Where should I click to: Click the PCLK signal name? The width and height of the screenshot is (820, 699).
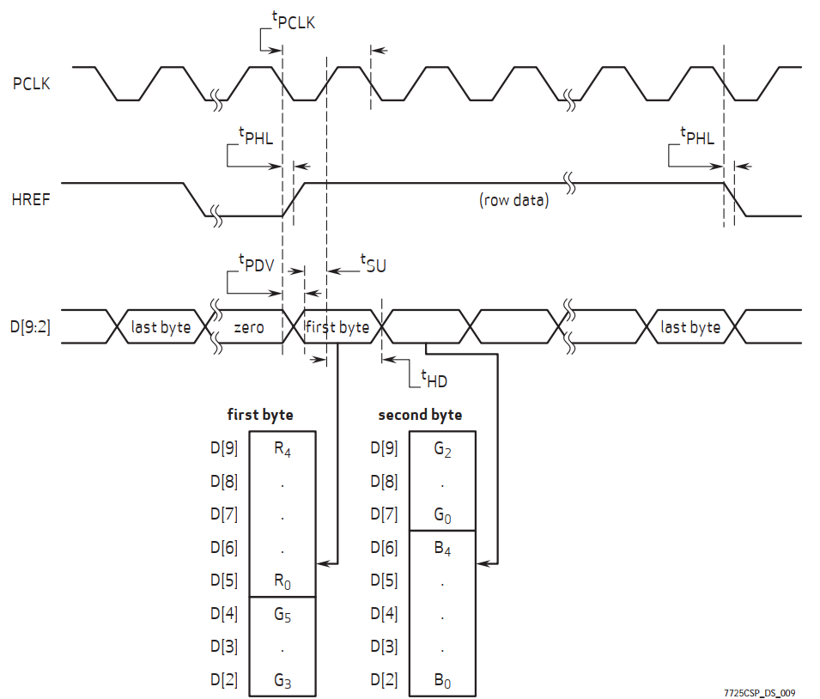pyautogui.click(x=31, y=83)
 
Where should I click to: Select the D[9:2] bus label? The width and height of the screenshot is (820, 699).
pyautogui.click(x=31, y=327)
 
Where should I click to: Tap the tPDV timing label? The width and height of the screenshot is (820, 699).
pyautogui.click(x=255, y=264)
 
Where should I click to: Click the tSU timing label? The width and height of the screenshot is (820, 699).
pyautogui.click(x=372, y=264)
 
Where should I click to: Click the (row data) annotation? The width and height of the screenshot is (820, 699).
pyautogui.click(x=513, y=201)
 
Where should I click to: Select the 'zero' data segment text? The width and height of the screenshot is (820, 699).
pyautogui.click(x=249, y=327)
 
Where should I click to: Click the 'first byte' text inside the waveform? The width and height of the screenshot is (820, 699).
pyautogui.click(x=337, y=327)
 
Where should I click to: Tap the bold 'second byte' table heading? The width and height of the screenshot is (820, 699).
pyautogui.click(x=420, y=415)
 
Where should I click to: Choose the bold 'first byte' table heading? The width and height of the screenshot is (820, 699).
pyautogui.click(x=259, y=415)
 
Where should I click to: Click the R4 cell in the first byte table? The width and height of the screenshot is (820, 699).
pyautogui.click(x=282, y=448)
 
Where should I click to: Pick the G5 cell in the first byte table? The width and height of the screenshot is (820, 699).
pyautogui.click(x=282, y=613)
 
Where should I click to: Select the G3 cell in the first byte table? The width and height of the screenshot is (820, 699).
pyautogui.click(x=282, y=680)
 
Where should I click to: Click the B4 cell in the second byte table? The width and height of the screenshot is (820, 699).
pyautogui.click(x=442, y=548)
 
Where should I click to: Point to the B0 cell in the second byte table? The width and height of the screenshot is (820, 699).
pyautogui.click(x=442, y=680)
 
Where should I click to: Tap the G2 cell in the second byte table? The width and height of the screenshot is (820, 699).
pyautogui.click(x=442, y=448)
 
